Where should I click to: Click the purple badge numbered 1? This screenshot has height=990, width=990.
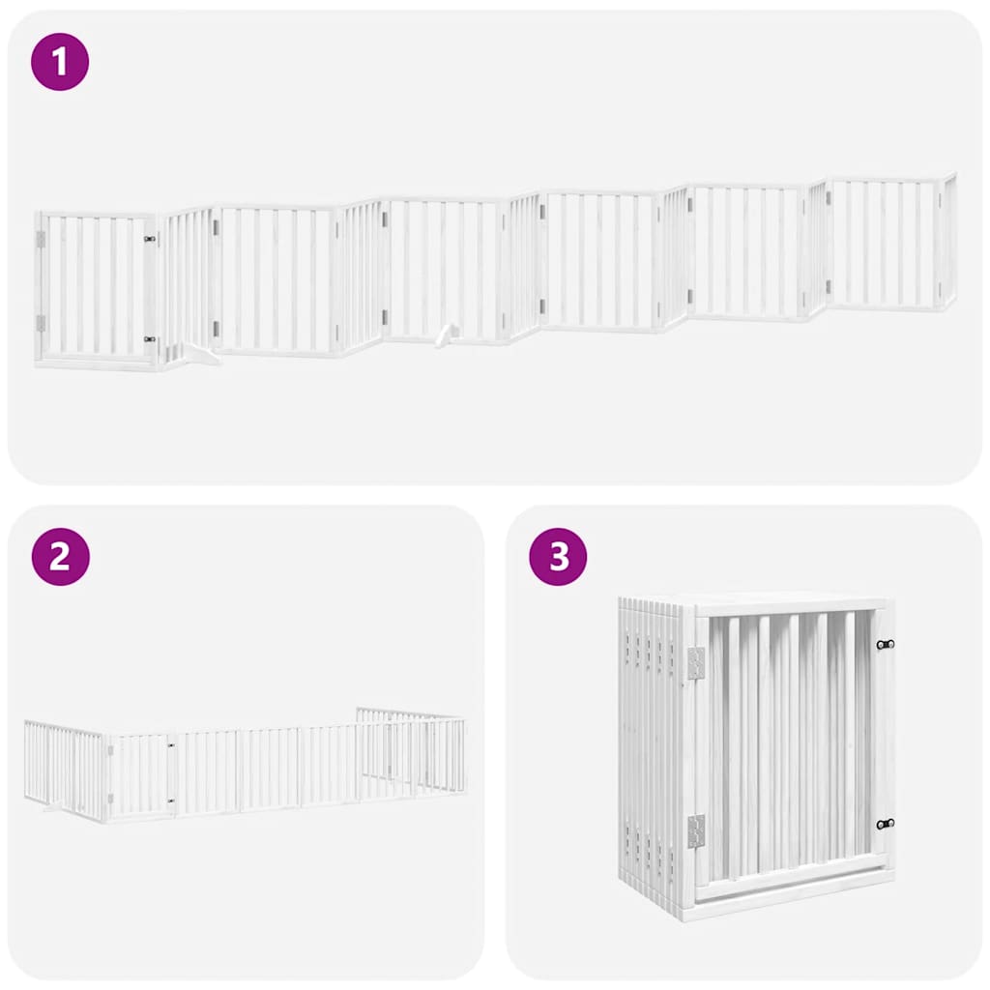[60, 62]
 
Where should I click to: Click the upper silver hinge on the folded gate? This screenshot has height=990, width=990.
[696, 662]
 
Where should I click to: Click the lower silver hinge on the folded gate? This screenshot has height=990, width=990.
[696, 830]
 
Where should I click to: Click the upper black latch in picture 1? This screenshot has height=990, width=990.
[150, 239]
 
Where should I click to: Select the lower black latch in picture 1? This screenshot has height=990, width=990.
[150, 339]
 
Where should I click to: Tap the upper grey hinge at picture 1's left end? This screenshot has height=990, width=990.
[41, 239]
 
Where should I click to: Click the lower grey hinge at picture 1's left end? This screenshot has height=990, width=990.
[41, 323]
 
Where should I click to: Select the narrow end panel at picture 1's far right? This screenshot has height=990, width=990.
[948, 242]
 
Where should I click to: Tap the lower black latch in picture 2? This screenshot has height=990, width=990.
[170, 800]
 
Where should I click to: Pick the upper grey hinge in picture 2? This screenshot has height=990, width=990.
[109, 747]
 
